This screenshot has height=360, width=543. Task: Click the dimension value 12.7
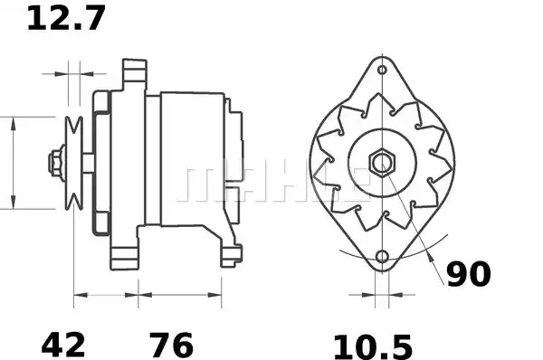(66, 19)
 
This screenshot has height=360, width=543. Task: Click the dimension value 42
(63, 345)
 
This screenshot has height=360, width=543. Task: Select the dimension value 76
(171, 345)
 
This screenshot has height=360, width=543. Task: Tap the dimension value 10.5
(373, 346)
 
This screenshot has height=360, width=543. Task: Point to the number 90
(469, 274)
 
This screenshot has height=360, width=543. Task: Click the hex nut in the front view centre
(382, 163)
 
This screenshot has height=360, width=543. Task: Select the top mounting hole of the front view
(382, 70)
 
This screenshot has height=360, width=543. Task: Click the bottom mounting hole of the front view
(382, 257)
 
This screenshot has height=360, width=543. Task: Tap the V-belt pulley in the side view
(74, 163)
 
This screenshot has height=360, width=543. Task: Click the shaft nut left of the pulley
(56, 163)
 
